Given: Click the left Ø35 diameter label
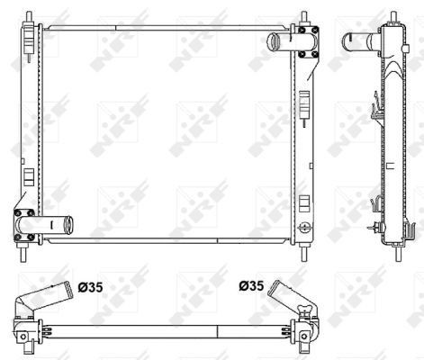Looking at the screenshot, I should (x=93, y=289).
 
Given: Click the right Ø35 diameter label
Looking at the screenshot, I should (x=251, y=288).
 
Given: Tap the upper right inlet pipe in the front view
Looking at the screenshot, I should (x=282, y=40).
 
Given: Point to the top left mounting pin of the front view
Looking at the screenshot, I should (x=26, y=18).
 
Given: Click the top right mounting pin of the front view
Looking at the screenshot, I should (x=304, y=18).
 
